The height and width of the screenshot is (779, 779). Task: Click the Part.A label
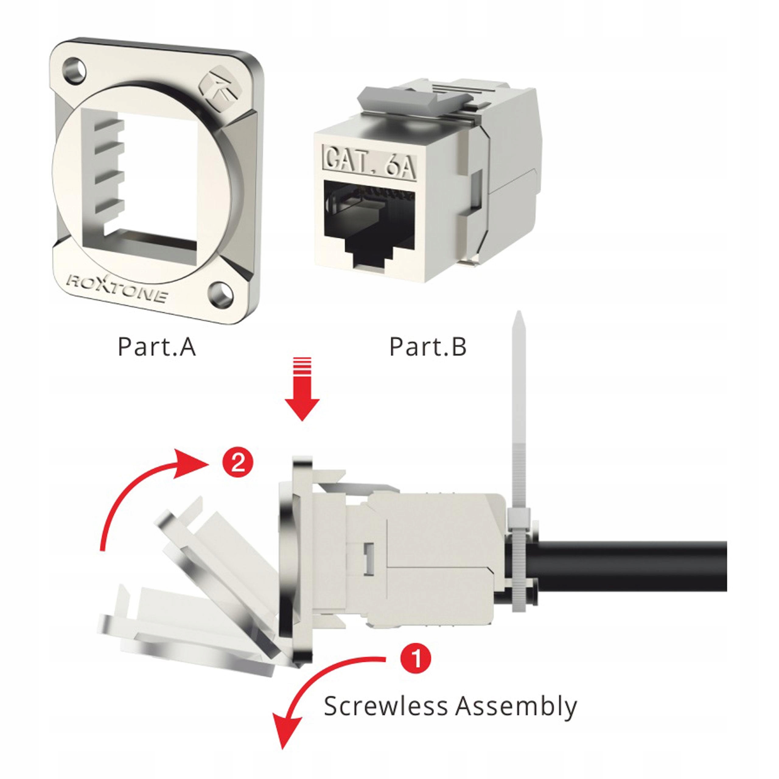point(156,347)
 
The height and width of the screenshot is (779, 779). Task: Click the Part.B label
point(428,347)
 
